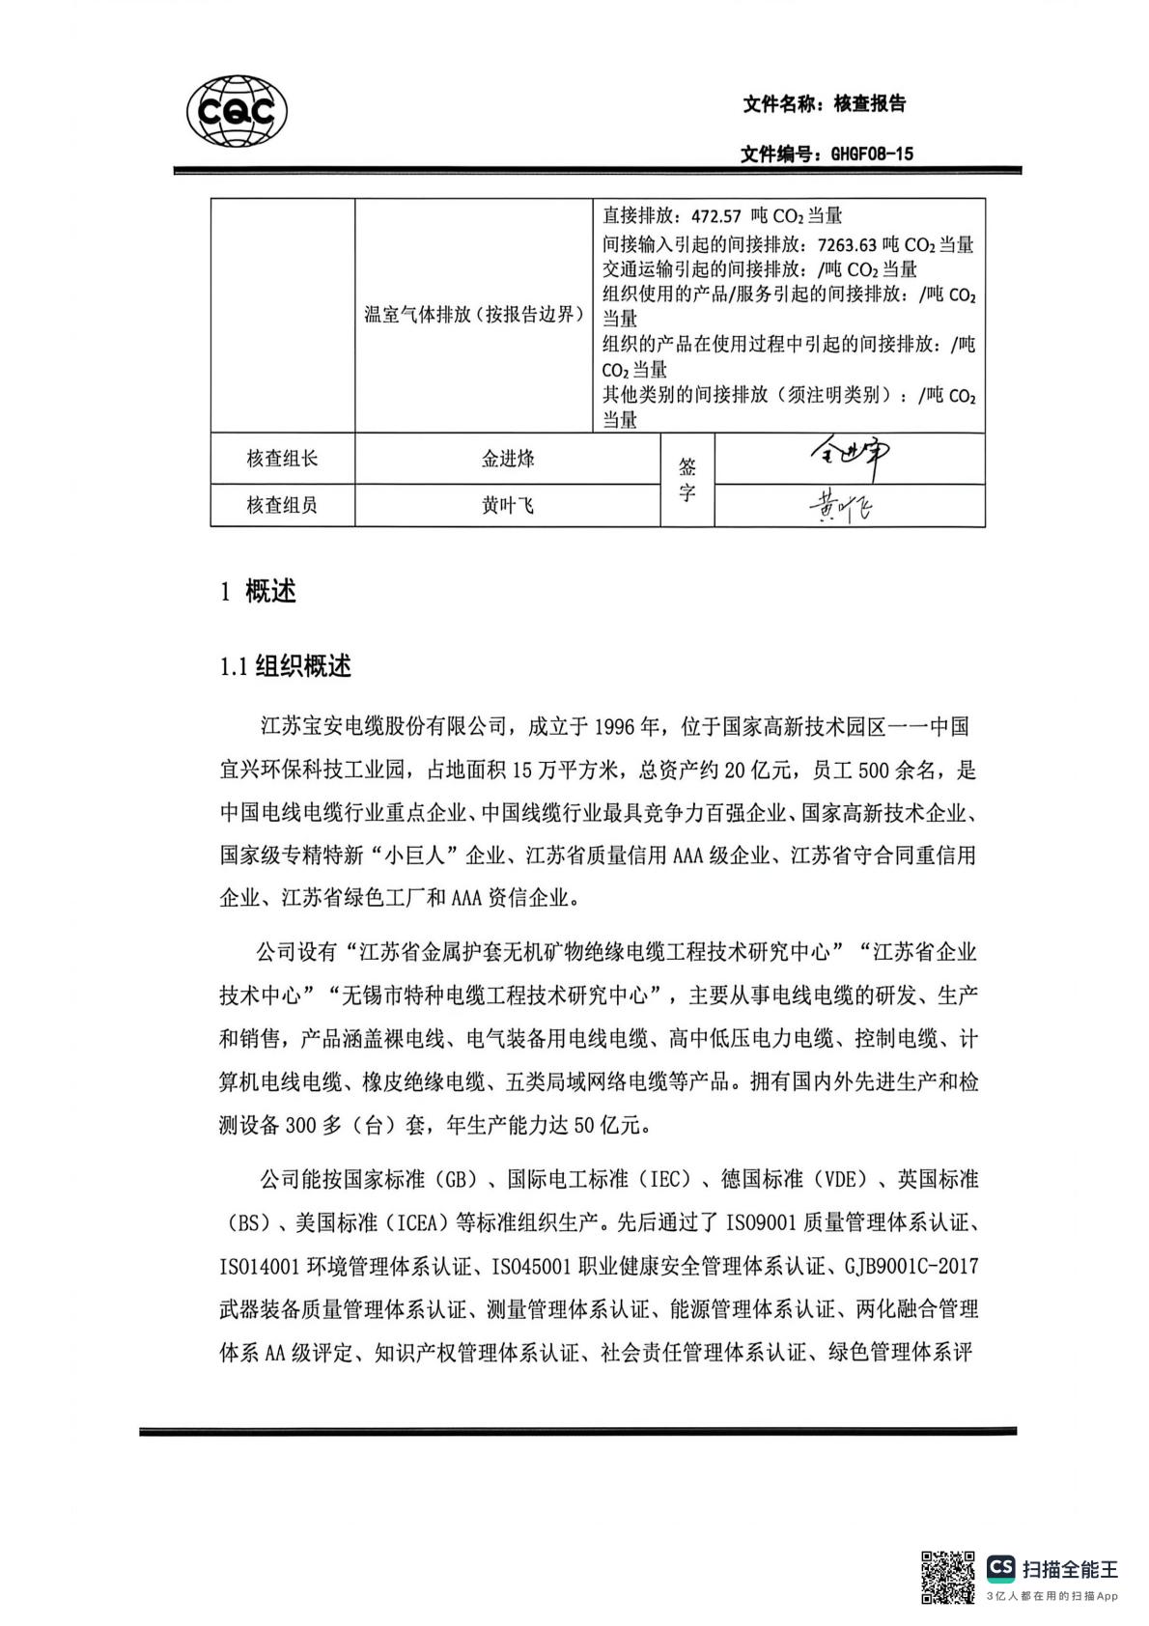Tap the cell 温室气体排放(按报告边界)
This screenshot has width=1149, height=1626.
473,315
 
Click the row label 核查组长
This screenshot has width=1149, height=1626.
282,459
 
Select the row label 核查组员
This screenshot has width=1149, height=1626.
282,505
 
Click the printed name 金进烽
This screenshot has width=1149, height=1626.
508,459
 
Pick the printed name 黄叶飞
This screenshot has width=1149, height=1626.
508,505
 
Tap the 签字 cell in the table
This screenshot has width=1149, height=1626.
687,480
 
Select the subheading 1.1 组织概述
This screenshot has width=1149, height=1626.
286,666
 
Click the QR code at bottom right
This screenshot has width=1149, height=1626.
947,1577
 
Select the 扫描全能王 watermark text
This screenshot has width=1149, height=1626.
1069,1569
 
